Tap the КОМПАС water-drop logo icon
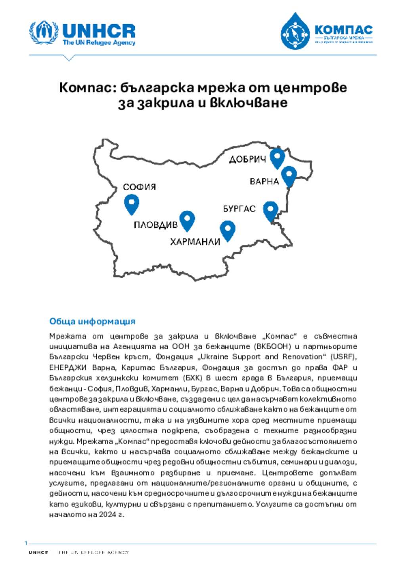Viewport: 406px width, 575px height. [x=295, y=32]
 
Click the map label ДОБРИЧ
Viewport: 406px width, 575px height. [x=247, y=160]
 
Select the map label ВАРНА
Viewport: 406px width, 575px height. [x=264, y=182]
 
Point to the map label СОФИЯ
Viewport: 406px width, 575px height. [x=140, y=187]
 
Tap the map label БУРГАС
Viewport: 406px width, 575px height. [x=239, y=209]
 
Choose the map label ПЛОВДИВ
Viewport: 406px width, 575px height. [x=155, y=225]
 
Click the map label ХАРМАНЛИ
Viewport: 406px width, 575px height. [x=195, y=242]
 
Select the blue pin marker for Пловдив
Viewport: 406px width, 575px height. [x=187, y=220]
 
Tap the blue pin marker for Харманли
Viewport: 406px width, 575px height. [x=228, y=230]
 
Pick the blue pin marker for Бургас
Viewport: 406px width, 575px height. [x=271, y=210]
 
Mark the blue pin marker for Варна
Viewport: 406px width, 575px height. [x=289, y=176]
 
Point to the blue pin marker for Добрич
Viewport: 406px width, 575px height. [x=278, y=158]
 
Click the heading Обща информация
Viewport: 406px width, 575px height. [x=92, y=321]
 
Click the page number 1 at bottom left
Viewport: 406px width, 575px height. [x=26, y=543]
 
